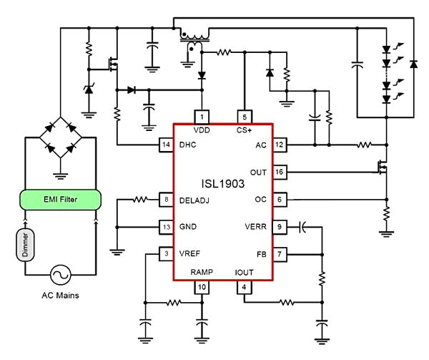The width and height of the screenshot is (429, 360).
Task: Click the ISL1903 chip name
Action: coord(223,184)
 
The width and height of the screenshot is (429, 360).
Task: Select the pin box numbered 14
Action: coord(166,145)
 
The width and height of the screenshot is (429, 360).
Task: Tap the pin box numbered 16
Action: coord(280,172)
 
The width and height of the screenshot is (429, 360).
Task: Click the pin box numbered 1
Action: coord(202,117)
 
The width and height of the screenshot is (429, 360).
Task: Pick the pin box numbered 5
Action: coord(244,117)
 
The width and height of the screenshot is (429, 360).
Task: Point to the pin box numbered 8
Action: coord(166,200)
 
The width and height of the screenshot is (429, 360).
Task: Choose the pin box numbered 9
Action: coord(280,227)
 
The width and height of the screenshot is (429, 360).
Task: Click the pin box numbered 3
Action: coord(166,254)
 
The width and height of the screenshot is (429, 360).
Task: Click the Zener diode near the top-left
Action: coord(89,89)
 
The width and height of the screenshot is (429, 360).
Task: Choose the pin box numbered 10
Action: coord(202,287)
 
